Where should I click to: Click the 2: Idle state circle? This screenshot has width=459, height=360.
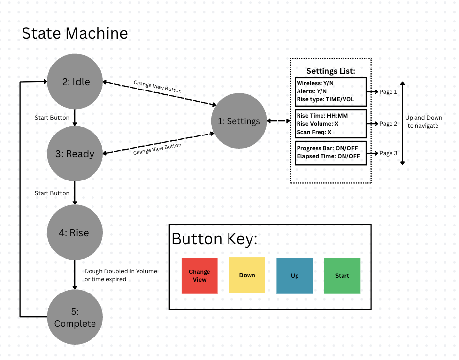pos(75,82)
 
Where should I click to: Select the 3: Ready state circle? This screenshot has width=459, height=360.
pos(75,154)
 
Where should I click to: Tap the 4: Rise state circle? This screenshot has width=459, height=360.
pos(75,233)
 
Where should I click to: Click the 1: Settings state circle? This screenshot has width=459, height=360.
pos(239,121)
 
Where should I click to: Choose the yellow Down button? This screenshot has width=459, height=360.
pos(247,275)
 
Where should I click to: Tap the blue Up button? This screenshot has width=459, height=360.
pos(295,276)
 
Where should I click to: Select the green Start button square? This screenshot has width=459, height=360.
pos(342,276)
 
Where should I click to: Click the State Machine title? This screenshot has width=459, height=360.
pos(75,33)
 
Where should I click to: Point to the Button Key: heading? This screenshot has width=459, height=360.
pos(214,239)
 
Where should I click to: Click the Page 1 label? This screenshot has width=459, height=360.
pos(389,92)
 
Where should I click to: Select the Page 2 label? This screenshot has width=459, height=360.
pos(389,124)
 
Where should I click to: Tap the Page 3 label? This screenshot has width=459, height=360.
pos(389,153)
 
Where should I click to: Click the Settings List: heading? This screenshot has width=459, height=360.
pos(330,71)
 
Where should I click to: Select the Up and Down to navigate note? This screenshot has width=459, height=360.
pos(424,122)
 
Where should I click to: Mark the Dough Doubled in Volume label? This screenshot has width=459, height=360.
pos(120,271)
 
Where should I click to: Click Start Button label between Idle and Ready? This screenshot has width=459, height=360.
pos(52,118)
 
